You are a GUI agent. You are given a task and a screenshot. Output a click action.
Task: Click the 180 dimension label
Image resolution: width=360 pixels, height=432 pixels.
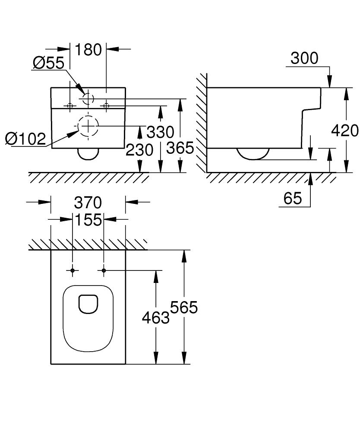click(x=88, y=50)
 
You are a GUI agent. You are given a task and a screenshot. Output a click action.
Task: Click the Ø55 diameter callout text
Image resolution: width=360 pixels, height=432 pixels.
click(x=48, y=63)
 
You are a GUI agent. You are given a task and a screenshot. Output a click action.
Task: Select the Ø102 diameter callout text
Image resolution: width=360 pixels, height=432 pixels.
click(x=25, y=139)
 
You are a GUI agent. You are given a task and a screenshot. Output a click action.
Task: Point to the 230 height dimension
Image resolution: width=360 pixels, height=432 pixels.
click(x=139, y=150)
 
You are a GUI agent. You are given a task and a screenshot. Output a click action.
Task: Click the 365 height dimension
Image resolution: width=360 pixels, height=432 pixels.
click(x=180, y=148)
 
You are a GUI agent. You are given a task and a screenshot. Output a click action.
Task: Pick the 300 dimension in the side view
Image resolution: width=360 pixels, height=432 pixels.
click(x=304, y=58)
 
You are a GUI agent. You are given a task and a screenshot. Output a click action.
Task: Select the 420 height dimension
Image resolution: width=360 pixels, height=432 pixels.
click(x=345, y=130)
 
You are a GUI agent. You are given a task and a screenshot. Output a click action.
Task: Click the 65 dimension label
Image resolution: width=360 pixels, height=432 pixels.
click(x=293, y=198)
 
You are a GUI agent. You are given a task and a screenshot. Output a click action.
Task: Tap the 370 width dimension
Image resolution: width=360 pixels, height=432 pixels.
click(x=88, y=202)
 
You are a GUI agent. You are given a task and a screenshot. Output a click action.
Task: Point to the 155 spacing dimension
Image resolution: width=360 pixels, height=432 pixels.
click(x=88, y=219)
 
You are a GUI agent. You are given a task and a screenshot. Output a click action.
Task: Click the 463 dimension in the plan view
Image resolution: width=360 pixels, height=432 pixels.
click(x=156, y=318)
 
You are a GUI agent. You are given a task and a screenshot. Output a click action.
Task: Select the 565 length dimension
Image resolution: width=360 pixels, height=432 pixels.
click(x=184, y=307)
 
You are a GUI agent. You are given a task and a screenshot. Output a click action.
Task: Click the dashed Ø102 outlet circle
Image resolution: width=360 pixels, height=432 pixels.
click(x=88, y=126)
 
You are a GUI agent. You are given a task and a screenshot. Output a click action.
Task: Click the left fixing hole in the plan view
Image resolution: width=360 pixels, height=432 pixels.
click(x=73, y=270)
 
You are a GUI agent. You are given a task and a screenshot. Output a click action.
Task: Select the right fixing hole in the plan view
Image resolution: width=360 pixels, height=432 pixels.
click(x=104, y=270)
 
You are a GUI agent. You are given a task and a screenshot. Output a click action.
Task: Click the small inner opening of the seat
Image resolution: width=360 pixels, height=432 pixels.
click(x=88, y=303)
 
